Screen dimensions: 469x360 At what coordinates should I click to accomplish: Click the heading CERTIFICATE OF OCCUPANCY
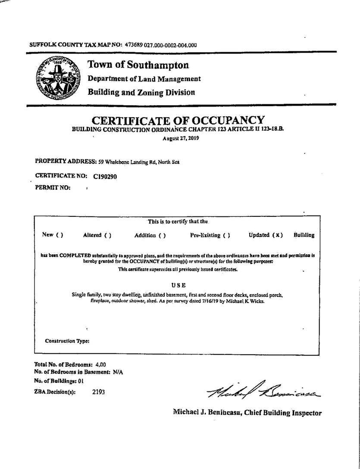coord(178,120)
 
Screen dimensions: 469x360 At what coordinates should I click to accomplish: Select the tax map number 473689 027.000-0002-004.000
coord(161,44)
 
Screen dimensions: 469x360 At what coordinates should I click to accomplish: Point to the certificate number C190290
coord(105,176)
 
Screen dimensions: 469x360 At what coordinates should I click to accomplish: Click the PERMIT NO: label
coord(53,188)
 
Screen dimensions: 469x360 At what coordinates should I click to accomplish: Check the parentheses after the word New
coord(59,235)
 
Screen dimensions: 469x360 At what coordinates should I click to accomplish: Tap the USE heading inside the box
coord(178,285)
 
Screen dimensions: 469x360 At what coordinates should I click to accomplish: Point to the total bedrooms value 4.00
coord(100,364)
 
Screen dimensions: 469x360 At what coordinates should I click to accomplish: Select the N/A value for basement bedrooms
coord(118,372)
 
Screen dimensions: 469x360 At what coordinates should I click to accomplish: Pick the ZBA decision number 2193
coord(98,392)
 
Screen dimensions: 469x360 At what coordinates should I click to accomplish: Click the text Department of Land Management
coord(144,79)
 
